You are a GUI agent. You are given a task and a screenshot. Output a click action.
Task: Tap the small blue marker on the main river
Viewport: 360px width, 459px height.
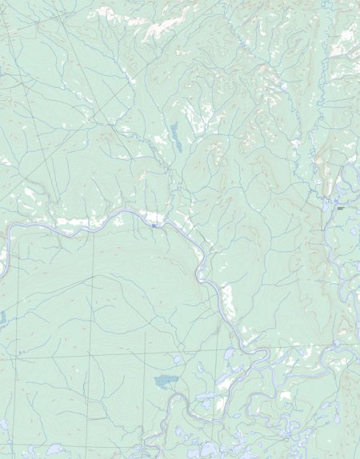tap(153, 226)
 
